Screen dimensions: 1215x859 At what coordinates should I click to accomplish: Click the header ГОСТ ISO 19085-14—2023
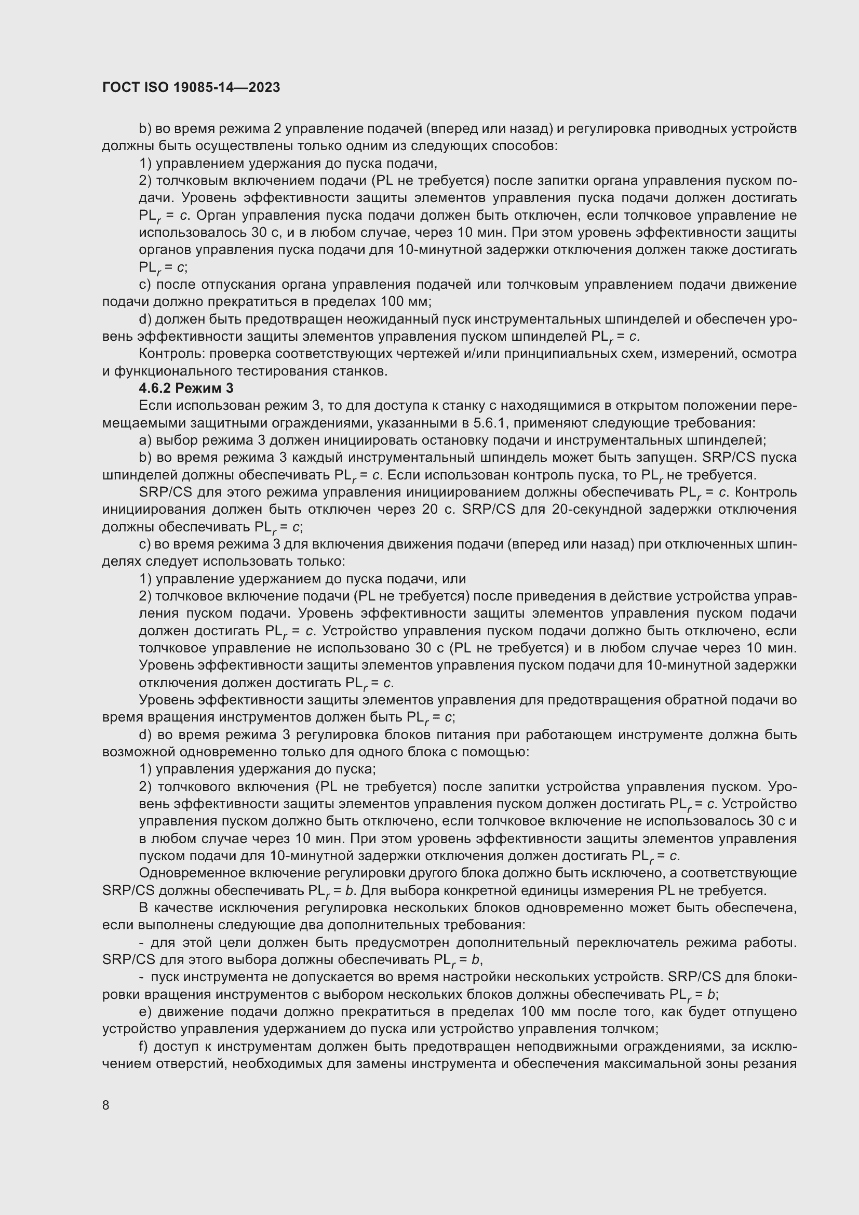[x=191, y=87]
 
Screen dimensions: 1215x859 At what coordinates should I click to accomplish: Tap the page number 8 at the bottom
[x=106, y=1105]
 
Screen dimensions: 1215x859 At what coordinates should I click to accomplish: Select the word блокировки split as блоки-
[x=776, y=977]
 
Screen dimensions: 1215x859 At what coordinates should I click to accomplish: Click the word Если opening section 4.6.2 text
[x=154, y=406]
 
